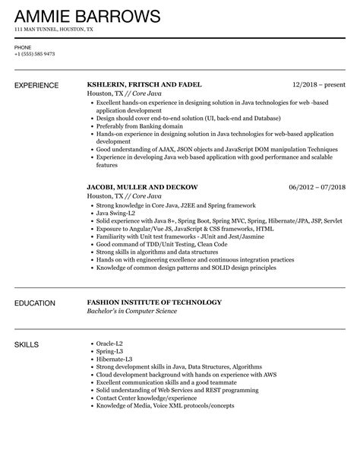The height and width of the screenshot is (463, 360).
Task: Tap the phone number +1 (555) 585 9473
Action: [x=34, y=55]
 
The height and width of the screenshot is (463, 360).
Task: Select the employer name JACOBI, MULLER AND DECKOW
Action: [x=142, y=186]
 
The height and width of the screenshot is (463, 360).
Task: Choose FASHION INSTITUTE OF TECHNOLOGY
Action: [x=154, y=303]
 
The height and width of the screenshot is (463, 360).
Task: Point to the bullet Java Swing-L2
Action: [x=117, y=215]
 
